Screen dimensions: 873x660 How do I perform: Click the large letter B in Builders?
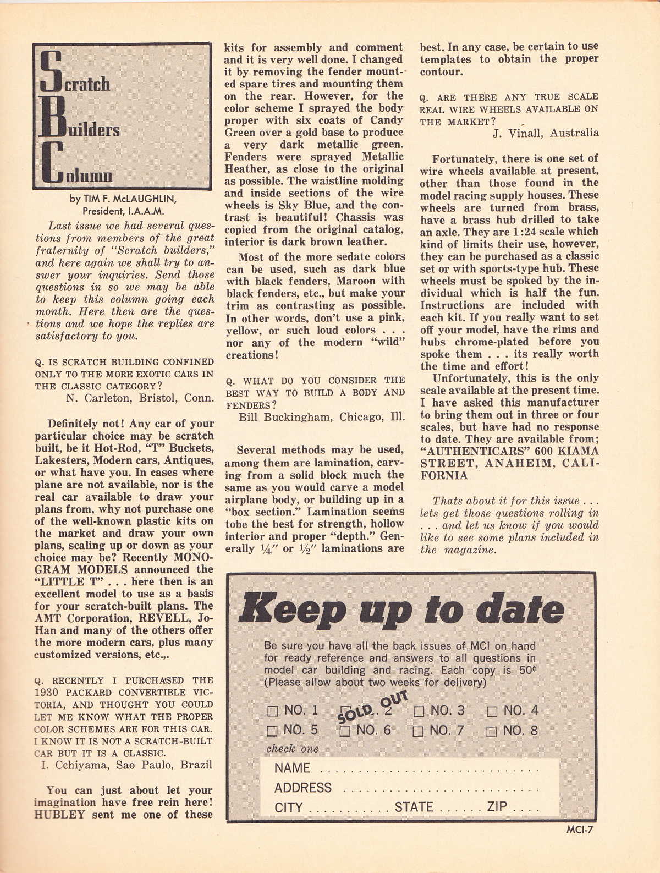pyautogui.click(x=52, y=118)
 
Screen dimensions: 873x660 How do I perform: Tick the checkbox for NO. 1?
pyautogui.click(x=273, y=711)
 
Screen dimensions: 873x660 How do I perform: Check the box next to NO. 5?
pyautogui.click(x=273, y=732)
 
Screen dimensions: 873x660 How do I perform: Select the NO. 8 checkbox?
pyautogui.click(x=492, y=732)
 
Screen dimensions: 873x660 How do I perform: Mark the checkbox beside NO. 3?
pyautogui.click(x=419, y=711)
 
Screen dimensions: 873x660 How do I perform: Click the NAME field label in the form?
pyautogui.click(x=292, y=768)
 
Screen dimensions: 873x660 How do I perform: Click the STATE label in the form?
pyautogui.click(x=414, y=807)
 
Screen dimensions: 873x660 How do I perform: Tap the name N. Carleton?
pyautogui.click(x=101, y=398)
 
